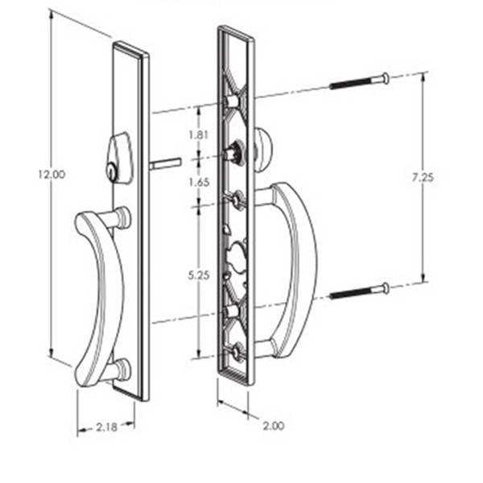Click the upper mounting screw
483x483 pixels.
tap(358, 82)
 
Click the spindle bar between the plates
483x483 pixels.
tap(163, 163)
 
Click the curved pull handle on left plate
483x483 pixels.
tap(101, 298)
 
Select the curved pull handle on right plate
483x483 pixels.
tap(295, 266)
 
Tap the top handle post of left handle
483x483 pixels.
tap(120, 217)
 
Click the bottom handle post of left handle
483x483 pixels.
tap(119, 371)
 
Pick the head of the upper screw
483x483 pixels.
tap(385, 78)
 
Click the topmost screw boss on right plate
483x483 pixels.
tap(233, 101)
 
